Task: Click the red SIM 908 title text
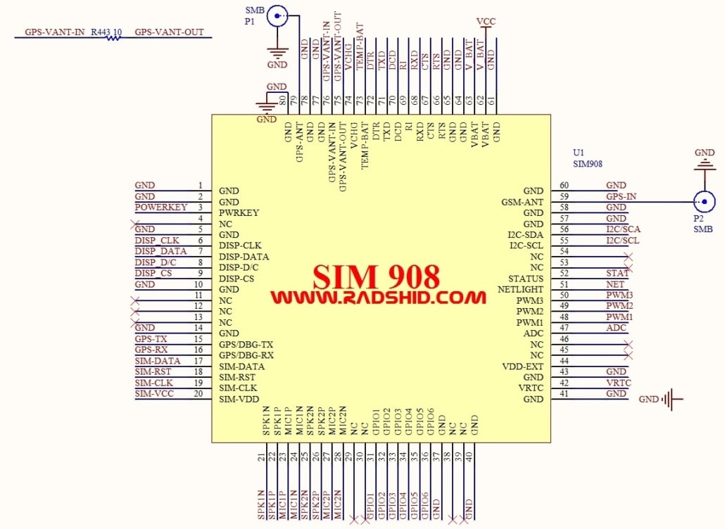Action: click(377, 275)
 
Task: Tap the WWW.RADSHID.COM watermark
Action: click(378, 298)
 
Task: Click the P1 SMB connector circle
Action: click(278, 15)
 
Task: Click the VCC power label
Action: click(486, 22)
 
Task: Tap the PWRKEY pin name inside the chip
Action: click(239, 212)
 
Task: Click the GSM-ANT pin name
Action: click(522, 202)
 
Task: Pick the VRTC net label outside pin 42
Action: click(619, 383)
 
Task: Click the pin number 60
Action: click(564, 186)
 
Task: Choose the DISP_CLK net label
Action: click(156, 241)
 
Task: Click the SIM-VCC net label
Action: click(153, 394)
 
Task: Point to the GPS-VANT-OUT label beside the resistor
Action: click(169, 32)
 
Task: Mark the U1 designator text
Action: click(579, 152)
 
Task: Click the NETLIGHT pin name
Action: click(520, 289)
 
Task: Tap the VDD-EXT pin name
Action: click(522, 367)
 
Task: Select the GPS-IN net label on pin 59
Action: click(621, 196)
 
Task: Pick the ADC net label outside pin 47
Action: click(616, 328)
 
